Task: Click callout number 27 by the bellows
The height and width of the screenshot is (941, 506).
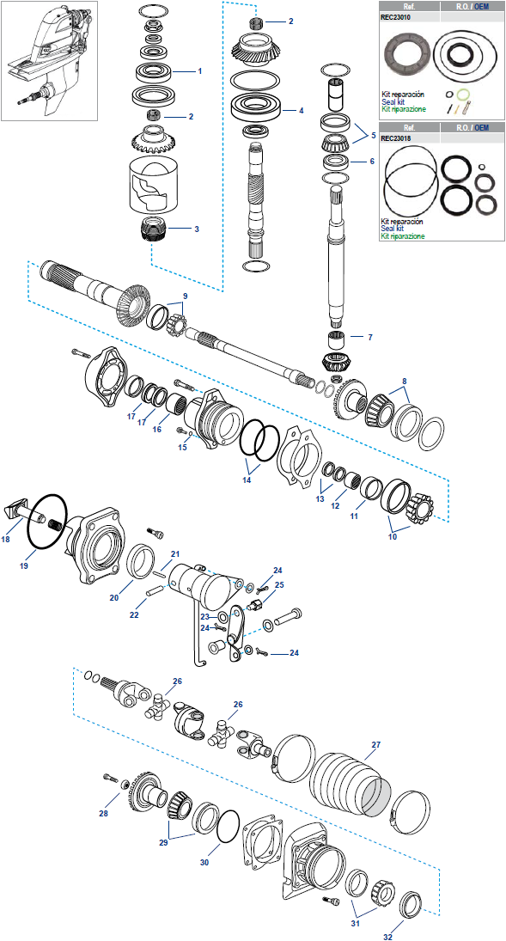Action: (x=376, y=745)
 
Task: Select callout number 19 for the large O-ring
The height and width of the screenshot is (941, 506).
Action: (x=23, y=565)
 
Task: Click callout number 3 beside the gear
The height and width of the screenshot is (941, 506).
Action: (x=196, y=229)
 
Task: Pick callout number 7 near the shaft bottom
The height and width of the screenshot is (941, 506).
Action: (x=369, y=337)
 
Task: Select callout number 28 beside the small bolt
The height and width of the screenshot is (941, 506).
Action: (x=103, y=813)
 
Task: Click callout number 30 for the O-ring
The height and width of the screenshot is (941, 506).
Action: (x=204, y=862)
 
